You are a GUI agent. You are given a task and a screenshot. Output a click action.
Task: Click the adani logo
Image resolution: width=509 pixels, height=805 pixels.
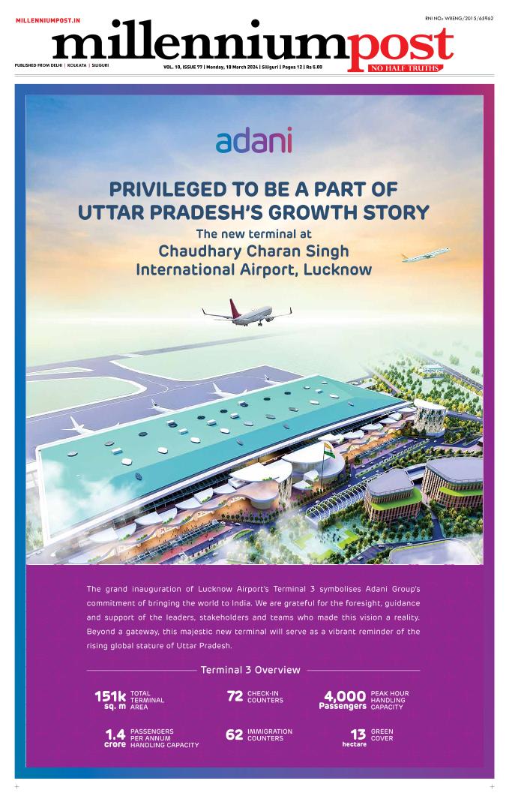coord(253,140)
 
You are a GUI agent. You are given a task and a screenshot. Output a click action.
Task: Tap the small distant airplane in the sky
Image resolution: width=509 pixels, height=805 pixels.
coord(426,255)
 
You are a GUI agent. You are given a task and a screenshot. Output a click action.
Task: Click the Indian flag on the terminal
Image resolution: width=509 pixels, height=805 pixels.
coord(328,451)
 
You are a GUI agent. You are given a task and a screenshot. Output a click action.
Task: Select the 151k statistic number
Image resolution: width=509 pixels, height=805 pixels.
coord(109,697)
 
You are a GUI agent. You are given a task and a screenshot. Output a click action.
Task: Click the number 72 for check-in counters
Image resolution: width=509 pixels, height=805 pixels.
coord(235,697)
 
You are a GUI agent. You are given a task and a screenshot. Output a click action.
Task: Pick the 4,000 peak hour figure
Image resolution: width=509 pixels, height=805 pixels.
coord(345,696)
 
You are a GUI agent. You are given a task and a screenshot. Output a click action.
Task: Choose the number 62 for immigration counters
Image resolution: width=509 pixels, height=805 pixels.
coord(235,735)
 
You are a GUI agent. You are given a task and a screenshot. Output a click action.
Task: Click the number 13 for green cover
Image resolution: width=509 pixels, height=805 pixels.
coord(358,734)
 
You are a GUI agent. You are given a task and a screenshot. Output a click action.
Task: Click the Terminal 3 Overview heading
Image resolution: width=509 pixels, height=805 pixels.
coord(250,670)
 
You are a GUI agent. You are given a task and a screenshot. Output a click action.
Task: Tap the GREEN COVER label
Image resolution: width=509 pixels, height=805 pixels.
coord(382,735)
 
